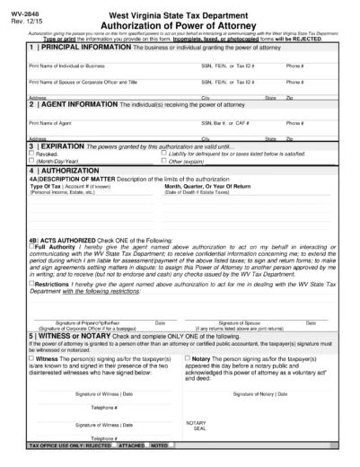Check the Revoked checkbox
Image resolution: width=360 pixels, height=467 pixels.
[x=31, y=154]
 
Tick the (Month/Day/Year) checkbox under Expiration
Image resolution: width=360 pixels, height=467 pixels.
[x=31, y=161]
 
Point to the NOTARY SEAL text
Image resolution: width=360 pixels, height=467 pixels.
[x=197, y=424]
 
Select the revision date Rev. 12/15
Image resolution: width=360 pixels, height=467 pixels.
[x=18, y=14]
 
